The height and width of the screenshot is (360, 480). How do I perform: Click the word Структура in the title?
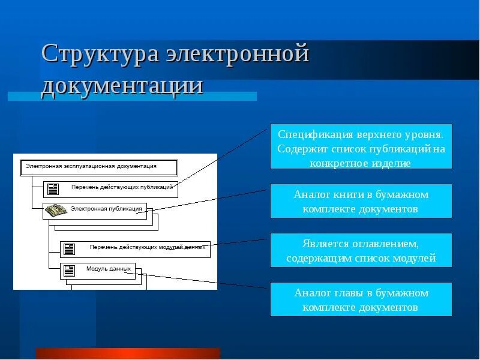(x=100, y=55)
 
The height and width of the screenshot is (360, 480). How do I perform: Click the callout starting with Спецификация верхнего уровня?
(x=361, y=146)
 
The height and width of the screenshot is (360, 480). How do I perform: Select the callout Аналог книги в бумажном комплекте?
(x=361, y=201)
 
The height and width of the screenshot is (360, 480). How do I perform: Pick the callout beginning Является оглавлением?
(x=361, y=250)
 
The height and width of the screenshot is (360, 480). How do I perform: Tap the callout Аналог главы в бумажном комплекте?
(x=361, y=299)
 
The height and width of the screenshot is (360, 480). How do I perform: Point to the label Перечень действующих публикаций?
(x=122, y=187)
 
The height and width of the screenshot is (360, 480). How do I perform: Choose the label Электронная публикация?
(x=106, y=209)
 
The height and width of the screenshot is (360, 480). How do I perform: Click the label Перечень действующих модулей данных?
(x=147, y=247)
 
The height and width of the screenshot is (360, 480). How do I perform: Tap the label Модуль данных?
(x=109, y=269)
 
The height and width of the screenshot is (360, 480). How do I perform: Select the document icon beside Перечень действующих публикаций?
(x=53, y=189)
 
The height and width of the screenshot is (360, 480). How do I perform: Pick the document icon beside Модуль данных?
(x=70, y=270)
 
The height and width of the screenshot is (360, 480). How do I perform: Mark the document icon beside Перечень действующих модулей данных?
(x=70, y=248)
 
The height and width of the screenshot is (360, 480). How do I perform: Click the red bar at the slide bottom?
(x=128, y=353)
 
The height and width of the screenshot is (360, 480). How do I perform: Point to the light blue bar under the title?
(x=132, y=96)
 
